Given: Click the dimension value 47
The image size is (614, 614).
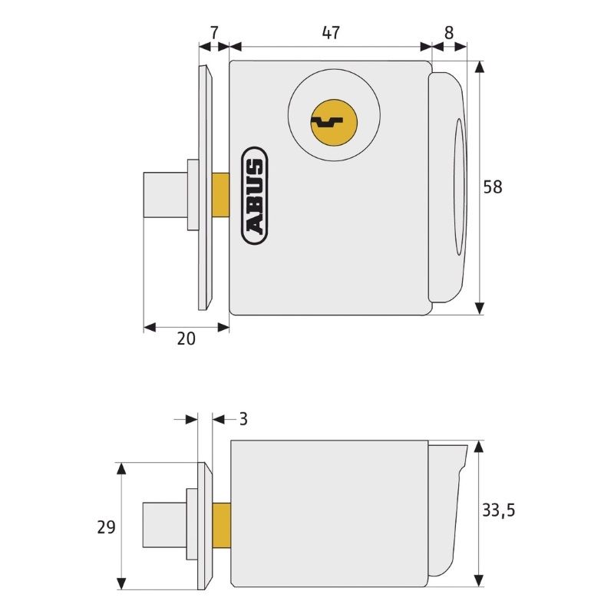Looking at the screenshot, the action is click(331, 32).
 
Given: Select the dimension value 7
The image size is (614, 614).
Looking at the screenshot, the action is click(214, 32).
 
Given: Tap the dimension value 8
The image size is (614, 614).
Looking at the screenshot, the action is click(449, 33).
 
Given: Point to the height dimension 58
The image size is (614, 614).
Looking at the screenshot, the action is click(492, 187).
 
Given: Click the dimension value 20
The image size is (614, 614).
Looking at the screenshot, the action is click(186, 338).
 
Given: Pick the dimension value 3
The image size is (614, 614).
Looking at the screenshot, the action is click(243, 419).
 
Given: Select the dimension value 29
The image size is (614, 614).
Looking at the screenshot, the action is click(106, 527).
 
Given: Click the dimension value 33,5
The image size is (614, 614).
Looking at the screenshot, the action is click(498, 510).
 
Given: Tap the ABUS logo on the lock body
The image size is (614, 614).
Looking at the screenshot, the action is click(255, 196).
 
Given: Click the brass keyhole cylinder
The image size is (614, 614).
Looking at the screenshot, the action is click(334, 122).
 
